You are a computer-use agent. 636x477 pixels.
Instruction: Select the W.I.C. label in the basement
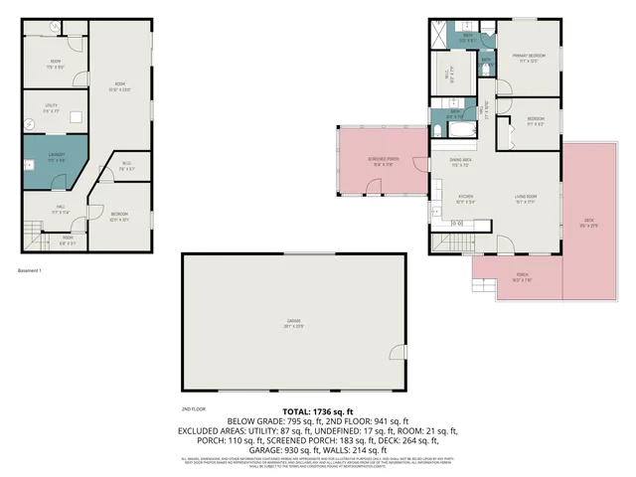point(127,164)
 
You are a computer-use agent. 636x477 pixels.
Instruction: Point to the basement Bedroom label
point(118,216)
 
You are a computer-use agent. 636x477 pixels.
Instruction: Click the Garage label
point(294,321)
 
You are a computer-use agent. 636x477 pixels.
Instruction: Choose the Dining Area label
point(460,160)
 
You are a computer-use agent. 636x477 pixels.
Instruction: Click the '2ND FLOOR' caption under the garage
point(193,408)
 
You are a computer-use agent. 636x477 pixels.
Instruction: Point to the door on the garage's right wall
point(399,353)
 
